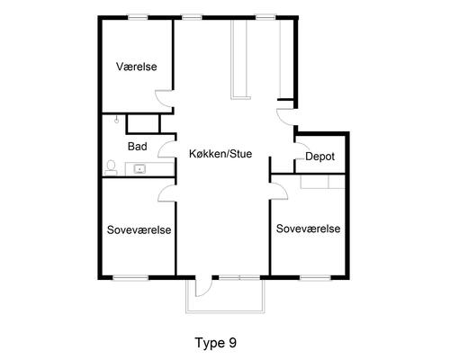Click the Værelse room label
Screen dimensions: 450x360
click(x=137, y=67)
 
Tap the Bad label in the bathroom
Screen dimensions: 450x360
click(x=138, y=147)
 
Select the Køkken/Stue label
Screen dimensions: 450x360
click(x=220, y=154)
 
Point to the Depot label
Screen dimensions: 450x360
click(x=319, y=157)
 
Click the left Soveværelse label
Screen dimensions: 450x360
click(x=139, y=229)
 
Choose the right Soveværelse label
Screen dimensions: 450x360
click(x=308, y=229)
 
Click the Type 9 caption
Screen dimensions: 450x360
click(x=216, y=343)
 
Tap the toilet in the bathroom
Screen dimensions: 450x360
click(x=111, y=168)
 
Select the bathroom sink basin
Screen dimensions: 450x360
click(x=139, y=169)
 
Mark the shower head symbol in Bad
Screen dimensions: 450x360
click(x=116, y=120)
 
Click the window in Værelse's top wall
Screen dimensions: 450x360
click(x=138, y=18)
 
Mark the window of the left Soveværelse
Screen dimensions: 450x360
click(x=130, y=278)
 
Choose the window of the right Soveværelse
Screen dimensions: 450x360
click(x=315, y=278)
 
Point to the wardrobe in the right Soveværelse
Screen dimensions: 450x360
click(x=323, y=182)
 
